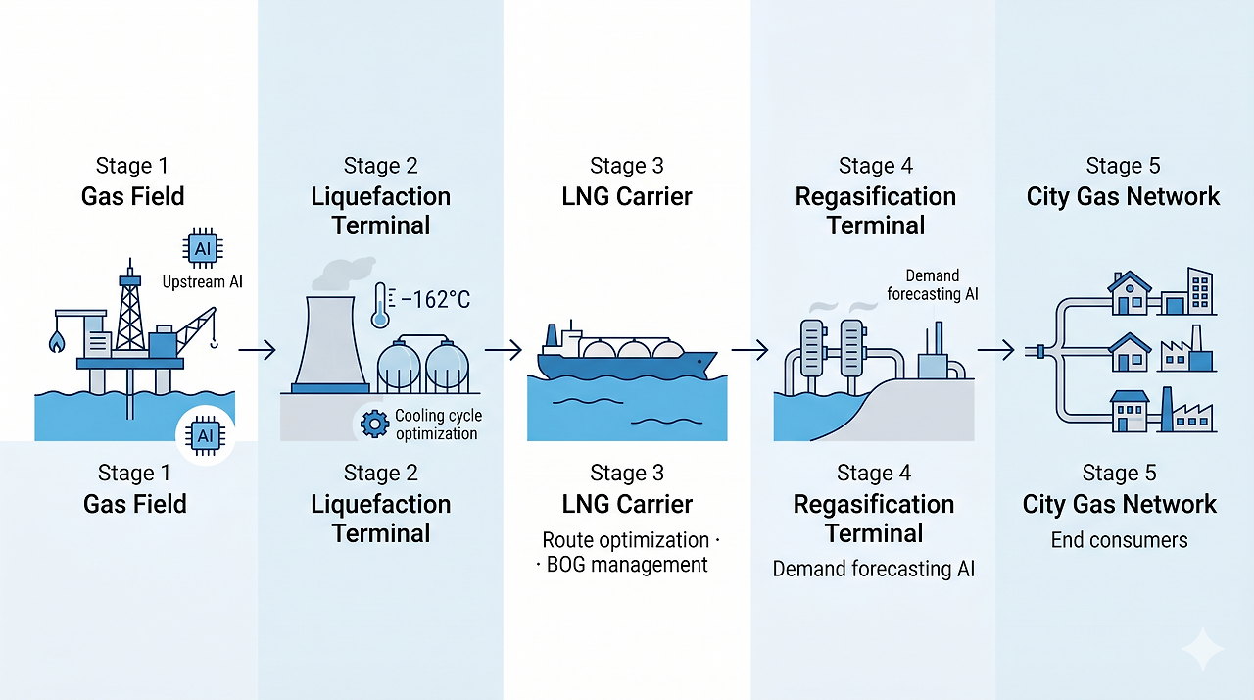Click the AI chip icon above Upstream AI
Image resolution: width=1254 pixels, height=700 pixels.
point(203,249)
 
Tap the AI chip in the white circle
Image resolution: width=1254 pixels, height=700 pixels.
point(206,435)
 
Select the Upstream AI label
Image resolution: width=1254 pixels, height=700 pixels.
point(202,282)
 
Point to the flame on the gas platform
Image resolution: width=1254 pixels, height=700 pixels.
point(57,341)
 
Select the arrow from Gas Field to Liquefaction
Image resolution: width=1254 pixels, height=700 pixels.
point(257,349)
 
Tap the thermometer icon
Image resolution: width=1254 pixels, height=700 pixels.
point(380,305)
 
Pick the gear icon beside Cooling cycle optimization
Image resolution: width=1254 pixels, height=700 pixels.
point(374,425)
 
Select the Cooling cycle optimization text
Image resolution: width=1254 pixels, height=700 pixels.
point(437,425)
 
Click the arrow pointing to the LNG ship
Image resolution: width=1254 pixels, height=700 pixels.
point(503,349)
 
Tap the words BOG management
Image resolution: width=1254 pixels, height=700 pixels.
point(627,565)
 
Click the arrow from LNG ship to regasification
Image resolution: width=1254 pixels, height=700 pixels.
point(749,349)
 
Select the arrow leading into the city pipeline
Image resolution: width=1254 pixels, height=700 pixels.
point(995,349)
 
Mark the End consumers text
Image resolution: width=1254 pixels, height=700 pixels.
point(1119,540)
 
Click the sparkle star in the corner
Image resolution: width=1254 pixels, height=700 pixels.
point(1201,649)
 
